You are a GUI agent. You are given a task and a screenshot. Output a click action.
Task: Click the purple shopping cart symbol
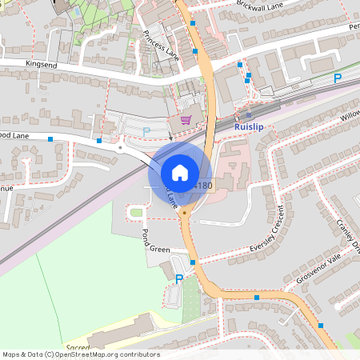tap(186, 121)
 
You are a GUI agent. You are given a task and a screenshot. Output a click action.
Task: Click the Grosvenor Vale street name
tap(318, 269)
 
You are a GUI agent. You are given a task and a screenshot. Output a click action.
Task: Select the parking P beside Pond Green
tap(178, 278)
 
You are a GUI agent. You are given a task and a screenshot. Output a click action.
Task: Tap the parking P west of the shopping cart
tap(146, 131)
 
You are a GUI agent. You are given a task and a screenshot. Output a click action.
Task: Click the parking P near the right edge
tap(338, 78)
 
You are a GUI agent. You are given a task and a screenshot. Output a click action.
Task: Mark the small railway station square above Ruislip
tap(249, 114)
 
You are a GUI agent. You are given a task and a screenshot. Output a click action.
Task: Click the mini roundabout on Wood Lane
tap(121, 148)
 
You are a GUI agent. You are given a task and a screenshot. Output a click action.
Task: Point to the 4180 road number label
tap(203, 186)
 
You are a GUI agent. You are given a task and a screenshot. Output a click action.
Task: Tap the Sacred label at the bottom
tap(78, 348)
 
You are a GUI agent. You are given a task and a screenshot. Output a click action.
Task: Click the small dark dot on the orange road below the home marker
tap(184, 213)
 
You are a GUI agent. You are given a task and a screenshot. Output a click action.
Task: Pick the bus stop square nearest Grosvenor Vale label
tap(257, 298)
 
